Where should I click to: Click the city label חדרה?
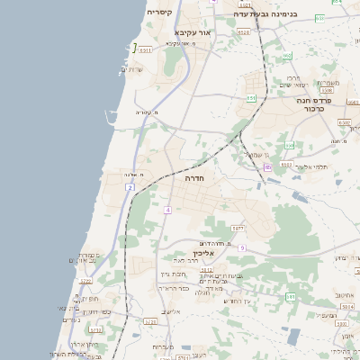194,179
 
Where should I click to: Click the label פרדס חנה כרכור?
315,105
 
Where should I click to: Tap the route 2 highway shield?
130,187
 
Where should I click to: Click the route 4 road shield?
167,209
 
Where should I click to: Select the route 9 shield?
242,247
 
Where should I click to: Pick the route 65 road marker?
267,167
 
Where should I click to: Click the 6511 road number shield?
146,50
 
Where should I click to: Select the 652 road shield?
288,56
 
